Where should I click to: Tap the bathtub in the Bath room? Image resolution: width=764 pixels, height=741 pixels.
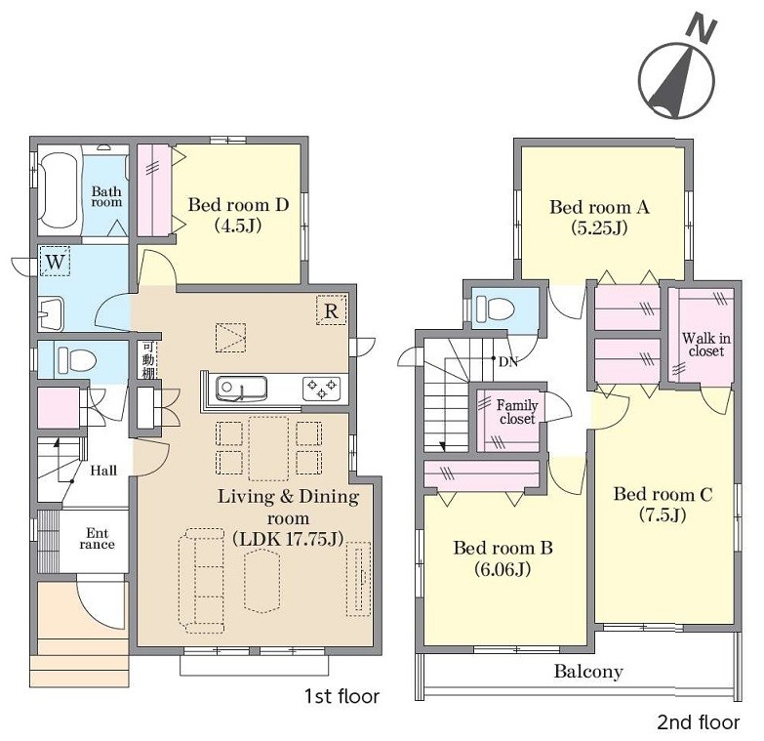click(x=58, y=190)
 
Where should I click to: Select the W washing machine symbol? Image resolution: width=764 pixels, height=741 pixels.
click(x=55, y=261)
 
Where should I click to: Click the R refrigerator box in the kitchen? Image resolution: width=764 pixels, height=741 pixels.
click(x=331, y=310)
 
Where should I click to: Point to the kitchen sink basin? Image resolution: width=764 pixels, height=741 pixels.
click(x=241, y=389)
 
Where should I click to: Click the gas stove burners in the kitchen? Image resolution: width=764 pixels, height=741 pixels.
click(x=322, y=388)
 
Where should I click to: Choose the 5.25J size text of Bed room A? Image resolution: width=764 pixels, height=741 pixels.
click(x=599, y=227)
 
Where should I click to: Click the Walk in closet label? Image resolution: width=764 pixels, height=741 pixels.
click(x=706, y=345)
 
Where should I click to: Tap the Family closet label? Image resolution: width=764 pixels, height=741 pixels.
click(x=517, y=412)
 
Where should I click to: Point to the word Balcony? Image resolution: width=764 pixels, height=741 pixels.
click(x=588, y=672)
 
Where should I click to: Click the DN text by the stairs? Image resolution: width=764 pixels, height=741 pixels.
click(x=507, y=362)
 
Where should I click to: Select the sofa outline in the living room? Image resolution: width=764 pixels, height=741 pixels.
click(x=202, y=580)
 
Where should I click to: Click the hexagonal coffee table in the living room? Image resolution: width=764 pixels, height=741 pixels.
click(x=262, y=581)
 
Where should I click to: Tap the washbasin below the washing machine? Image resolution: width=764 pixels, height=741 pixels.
click(x=51, y=313)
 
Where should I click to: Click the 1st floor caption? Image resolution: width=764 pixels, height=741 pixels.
click(x=342, y=696)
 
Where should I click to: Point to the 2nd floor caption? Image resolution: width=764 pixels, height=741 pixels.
click(x=699, y=722)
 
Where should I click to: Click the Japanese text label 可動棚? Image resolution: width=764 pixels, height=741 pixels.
click(x=147, y=360)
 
